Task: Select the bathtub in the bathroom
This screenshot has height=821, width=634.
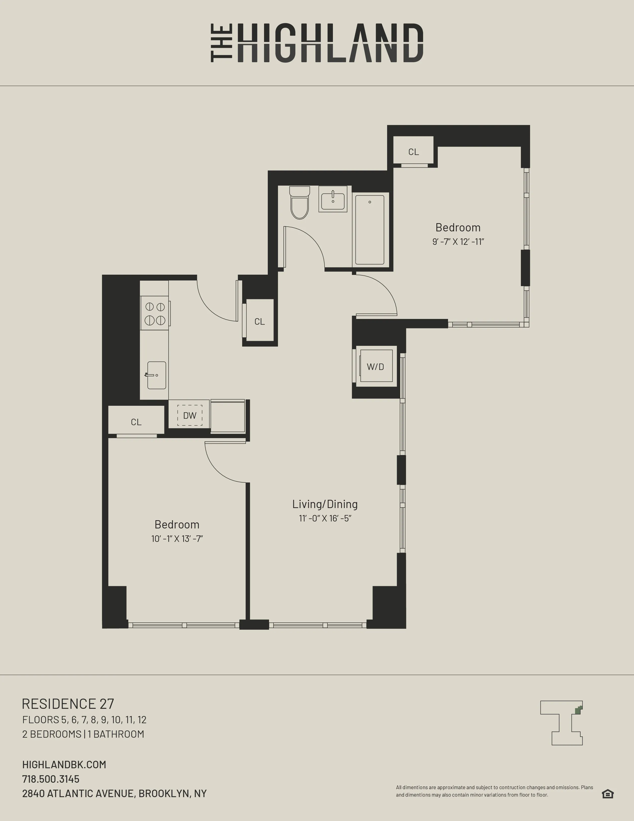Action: click(369, 230)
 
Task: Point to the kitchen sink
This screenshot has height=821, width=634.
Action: click(156, 375)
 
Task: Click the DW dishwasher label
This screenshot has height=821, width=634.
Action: click(190, 415)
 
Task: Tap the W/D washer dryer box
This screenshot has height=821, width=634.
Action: click(376, 366)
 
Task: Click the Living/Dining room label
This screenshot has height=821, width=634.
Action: click(325, 504)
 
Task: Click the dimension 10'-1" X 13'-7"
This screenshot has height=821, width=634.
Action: click(177, 539)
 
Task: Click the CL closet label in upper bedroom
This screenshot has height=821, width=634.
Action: click(413, 152)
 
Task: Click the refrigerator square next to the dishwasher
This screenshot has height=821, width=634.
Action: click(227, 416)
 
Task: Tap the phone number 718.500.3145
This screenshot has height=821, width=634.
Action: click(51, 779)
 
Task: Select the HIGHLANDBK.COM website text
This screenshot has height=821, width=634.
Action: click(64, 765)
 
